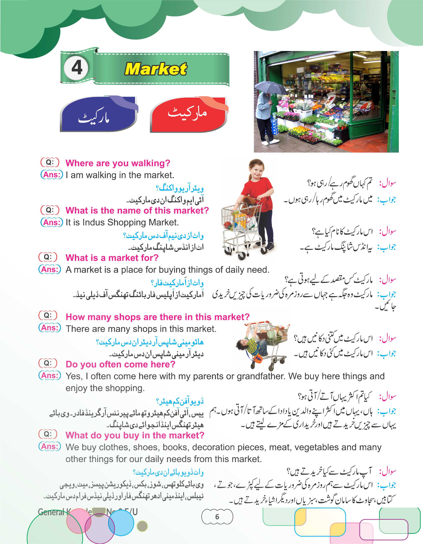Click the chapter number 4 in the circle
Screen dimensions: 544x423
pos(77,68)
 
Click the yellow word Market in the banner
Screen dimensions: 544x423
pos(156,69)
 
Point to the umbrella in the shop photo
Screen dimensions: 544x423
pos(271,88)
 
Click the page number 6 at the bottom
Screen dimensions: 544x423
pos(217,517)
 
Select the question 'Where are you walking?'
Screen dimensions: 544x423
pos(118,163)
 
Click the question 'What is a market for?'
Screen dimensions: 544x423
pos(112,258)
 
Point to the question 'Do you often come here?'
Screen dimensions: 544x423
pos(120,364)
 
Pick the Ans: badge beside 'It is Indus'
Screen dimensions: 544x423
pos(52,222)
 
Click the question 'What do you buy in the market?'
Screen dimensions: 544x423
pos(135,436)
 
